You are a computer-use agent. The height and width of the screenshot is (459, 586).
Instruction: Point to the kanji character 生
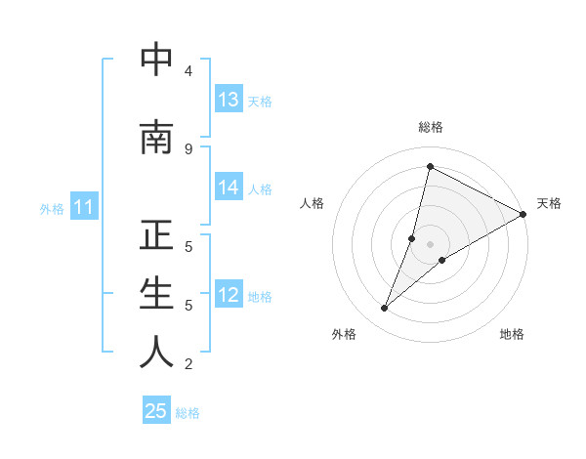156,294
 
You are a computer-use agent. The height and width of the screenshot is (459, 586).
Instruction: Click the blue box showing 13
229,100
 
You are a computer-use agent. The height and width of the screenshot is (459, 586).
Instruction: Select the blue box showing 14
229,188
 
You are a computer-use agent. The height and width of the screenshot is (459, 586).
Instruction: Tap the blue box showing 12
229,295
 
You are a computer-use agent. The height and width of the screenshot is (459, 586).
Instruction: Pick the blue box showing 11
83,207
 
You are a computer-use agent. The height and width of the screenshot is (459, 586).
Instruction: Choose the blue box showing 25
156,411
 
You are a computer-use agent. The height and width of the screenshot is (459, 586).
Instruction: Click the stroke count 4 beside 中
188,71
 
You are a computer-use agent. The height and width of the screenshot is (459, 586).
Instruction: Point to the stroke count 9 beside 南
188,149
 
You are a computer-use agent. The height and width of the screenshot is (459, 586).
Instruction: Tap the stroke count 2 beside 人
188,364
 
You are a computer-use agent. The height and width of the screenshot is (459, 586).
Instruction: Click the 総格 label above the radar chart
431,127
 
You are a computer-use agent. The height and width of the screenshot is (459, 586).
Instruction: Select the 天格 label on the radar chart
549,203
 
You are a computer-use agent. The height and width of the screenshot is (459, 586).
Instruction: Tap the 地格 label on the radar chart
512,334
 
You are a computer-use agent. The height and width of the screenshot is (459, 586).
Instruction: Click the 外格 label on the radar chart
344,334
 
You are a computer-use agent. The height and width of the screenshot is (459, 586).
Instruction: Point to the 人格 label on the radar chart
312,203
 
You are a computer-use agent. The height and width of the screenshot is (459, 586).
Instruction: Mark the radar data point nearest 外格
384,309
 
